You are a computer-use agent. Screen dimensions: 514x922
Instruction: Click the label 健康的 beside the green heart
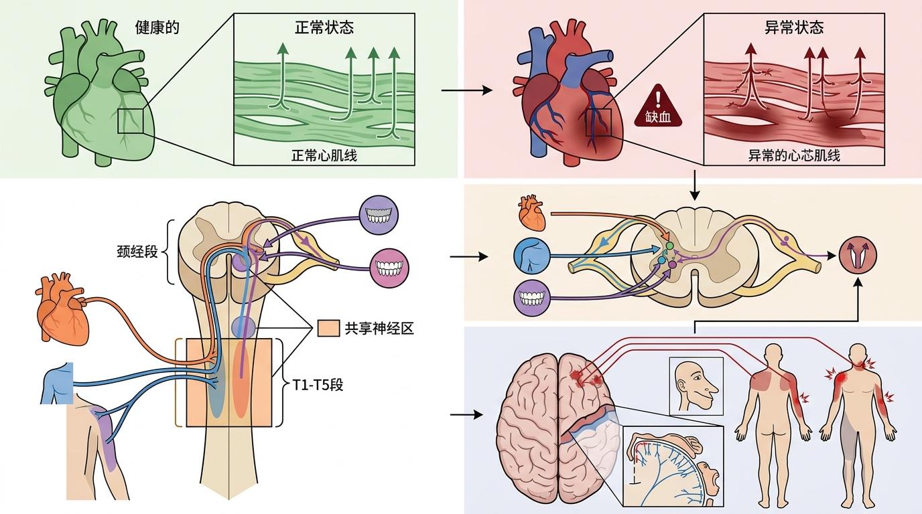156,29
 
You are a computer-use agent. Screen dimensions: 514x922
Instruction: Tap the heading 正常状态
324,28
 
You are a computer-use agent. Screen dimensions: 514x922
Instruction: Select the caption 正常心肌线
324,155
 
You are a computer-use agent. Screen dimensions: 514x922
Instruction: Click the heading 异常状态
794,28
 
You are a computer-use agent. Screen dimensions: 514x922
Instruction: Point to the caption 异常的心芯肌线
794,156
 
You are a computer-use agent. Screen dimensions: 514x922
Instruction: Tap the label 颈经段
137,253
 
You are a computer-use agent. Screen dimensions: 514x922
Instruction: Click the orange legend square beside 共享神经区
328,329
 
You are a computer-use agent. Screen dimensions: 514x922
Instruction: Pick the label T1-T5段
318,385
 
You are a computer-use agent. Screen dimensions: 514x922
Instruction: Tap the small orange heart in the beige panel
529,212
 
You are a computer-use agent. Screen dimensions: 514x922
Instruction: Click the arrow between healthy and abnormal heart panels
467,90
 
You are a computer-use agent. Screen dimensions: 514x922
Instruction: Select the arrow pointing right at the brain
466,414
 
